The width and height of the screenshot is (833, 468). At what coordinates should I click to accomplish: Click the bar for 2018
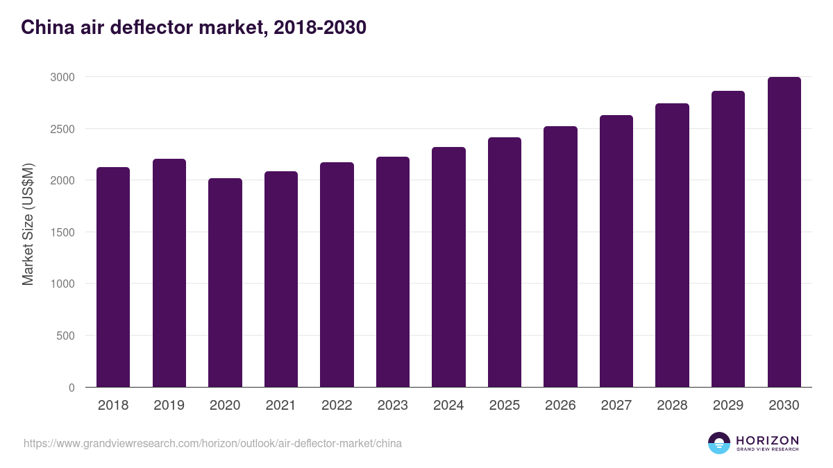coord(113,277)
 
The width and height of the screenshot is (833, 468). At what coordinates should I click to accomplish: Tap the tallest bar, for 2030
coord(784,232)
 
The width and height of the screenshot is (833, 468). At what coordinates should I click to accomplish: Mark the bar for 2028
coord(672,245)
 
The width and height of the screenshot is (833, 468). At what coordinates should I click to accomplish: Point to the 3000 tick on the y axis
coord(62,77)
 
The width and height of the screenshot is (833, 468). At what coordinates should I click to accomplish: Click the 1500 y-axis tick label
coord(62,232)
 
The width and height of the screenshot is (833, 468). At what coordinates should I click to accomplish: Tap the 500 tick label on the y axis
coord(65,336)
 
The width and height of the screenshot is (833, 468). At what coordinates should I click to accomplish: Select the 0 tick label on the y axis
coord(71,388)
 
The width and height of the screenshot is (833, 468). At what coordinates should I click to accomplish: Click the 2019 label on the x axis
coord(169,406)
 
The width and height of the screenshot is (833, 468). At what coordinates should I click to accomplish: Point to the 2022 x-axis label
coord(337,406)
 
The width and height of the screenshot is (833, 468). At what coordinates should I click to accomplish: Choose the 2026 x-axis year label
coord(560,406)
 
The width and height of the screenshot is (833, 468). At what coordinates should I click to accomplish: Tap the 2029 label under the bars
coord(727,406)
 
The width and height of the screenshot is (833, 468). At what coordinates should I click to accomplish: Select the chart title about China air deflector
coord(194,28)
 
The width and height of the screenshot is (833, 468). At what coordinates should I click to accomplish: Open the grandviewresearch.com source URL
coord(212,443)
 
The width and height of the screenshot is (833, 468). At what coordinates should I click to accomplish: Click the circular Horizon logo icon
coord(719,443)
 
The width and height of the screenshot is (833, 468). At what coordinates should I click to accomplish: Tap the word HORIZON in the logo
coord(767,440)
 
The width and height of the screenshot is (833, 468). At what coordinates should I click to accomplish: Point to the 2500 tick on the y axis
coord(62,129)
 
